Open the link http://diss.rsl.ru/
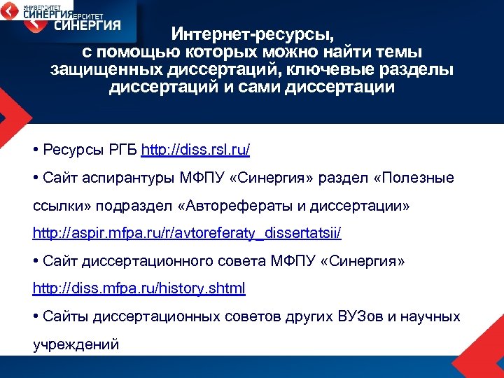point(195,150)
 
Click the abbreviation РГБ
point(122,150)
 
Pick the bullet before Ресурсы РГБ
point(36,150)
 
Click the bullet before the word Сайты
point(36,316)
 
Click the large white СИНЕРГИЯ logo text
point(87,25)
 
